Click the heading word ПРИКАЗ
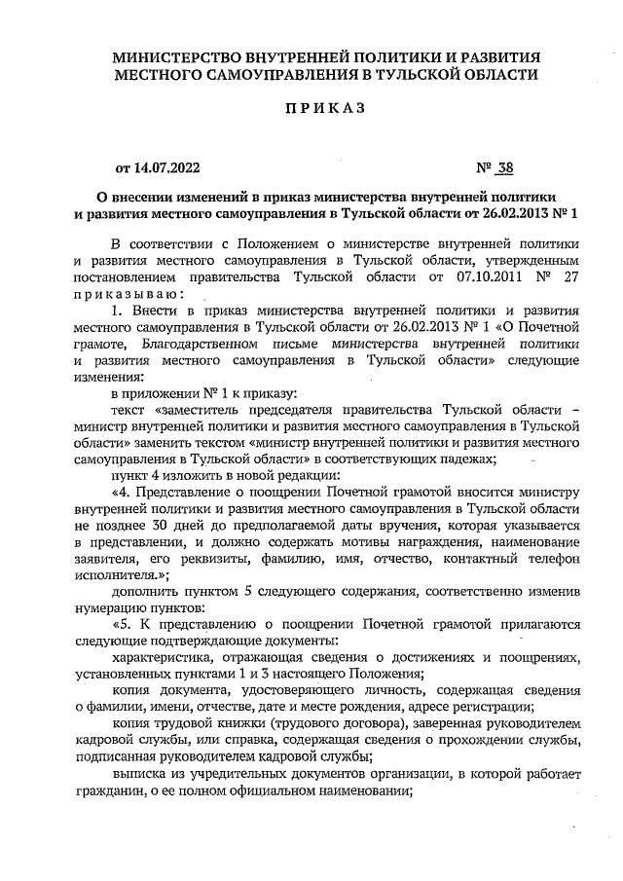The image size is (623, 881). (323, 109)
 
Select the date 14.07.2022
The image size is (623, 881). (171, 166)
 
